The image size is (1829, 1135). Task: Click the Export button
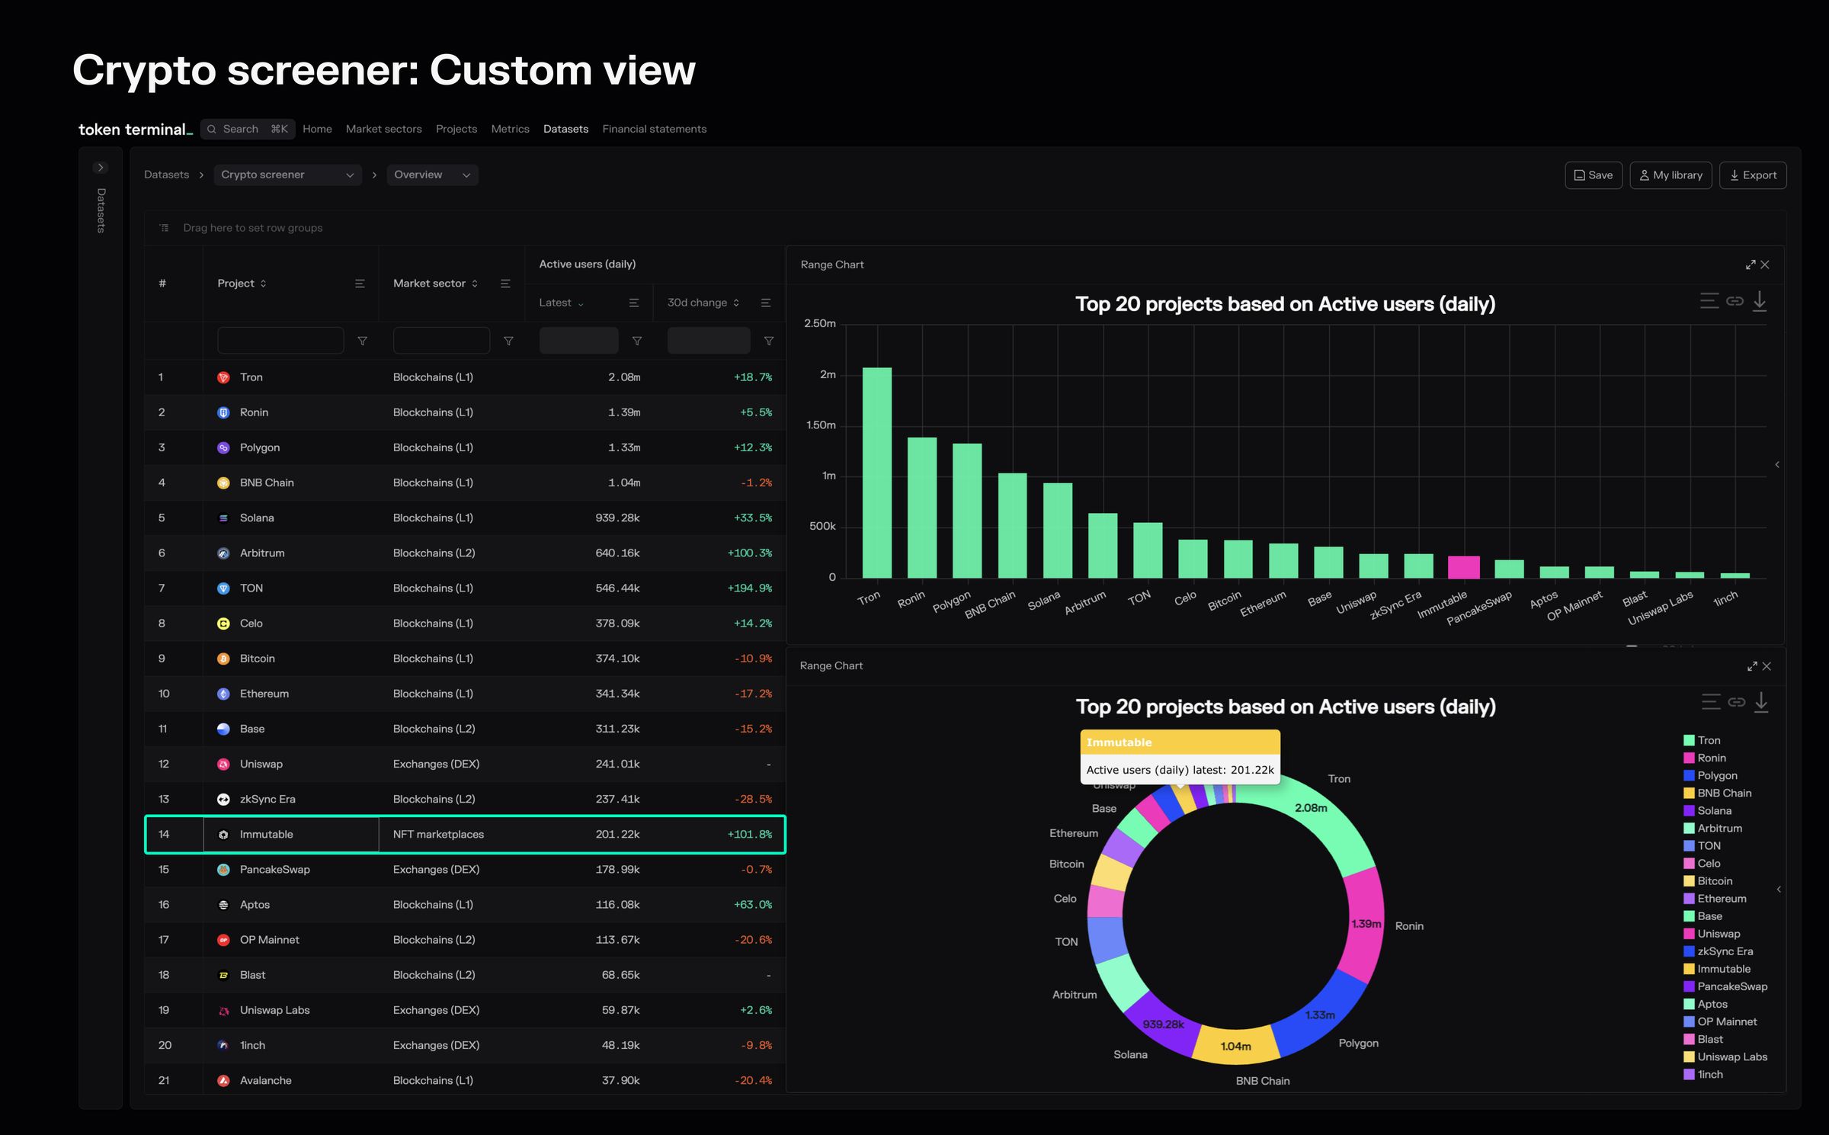point(1752,175)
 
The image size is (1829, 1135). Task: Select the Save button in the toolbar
point(1593,175)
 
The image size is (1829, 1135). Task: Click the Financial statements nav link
point(654,129)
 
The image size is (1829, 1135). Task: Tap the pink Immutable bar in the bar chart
point(1463,567)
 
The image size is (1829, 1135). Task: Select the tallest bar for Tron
point(876,473)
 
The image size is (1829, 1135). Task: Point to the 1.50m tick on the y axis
point(821,425)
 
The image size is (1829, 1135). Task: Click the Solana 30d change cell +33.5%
point(752,518)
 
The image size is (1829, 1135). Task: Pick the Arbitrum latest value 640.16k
point(617,553)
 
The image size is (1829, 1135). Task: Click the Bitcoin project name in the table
point(257,659)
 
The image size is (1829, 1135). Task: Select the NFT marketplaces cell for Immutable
point(438,835)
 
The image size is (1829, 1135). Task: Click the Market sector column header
point(429,284)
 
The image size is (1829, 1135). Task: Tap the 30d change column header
point(697,303)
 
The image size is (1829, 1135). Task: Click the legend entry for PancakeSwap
point(1731,986)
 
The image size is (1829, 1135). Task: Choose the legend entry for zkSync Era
point(1725,951)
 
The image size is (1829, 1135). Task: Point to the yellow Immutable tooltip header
point(1180,742)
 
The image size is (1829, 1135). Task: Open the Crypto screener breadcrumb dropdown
point(287,175)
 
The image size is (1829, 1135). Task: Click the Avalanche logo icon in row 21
point(223,1081)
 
